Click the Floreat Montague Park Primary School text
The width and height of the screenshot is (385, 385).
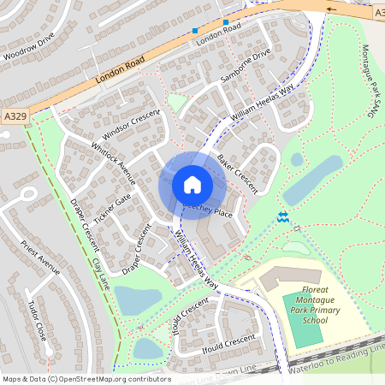[x=304, y=306]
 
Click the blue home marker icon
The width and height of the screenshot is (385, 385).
[x=192, y=184]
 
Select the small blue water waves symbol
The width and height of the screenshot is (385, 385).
[x=282, y=216]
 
